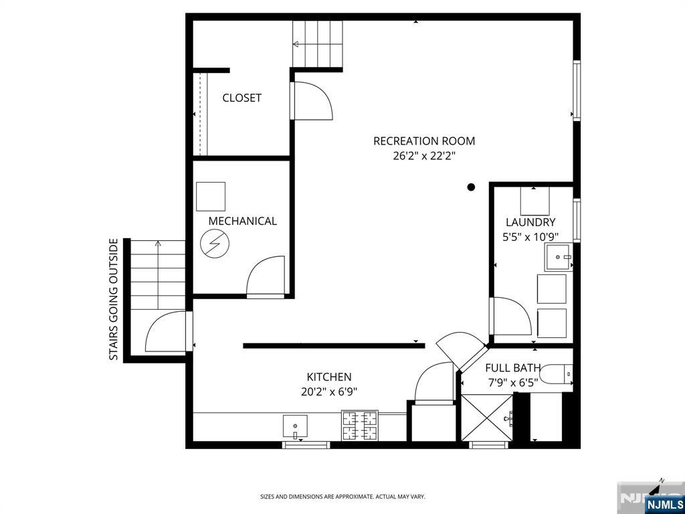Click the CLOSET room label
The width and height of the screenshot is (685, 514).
241,98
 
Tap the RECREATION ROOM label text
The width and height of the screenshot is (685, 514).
424,141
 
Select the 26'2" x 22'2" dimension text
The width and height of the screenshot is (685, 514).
424,156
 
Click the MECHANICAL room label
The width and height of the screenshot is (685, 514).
242,221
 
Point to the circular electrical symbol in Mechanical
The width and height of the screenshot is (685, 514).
215,244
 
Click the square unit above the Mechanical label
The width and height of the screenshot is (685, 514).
211,196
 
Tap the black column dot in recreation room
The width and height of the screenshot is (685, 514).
471,187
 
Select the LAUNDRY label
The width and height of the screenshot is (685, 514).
530,222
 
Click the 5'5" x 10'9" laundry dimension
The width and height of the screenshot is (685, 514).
530,236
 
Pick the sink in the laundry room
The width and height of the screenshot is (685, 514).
558,257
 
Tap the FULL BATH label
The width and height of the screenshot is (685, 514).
513,368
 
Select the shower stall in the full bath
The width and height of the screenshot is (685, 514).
486,418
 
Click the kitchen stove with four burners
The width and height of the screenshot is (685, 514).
360,426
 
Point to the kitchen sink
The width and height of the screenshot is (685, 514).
294,425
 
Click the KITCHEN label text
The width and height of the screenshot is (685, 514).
329,377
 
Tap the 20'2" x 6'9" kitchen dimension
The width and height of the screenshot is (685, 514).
329,392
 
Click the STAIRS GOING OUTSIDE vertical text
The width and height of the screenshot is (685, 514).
114,300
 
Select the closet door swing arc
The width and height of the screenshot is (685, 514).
313,101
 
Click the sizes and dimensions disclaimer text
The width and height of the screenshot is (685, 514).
342,497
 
